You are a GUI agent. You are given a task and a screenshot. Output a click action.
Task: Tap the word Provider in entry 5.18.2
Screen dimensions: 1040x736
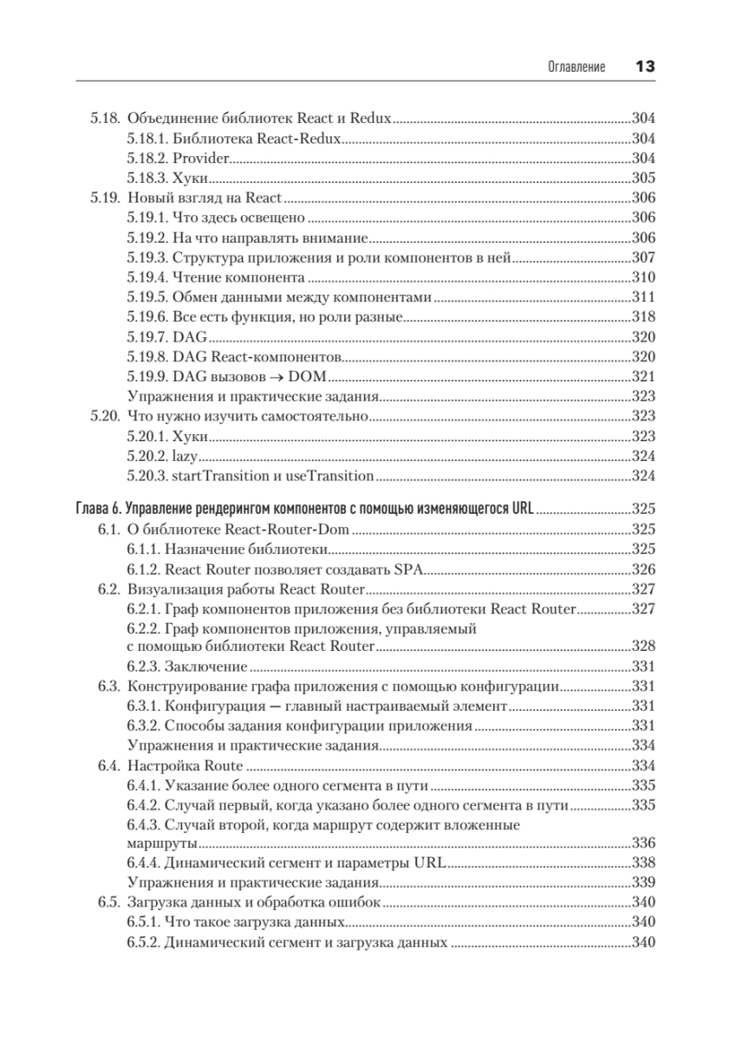(200, 159)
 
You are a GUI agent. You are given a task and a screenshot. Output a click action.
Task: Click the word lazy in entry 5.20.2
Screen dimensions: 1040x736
(186, 456)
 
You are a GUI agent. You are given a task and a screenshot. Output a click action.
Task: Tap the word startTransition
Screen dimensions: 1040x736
(214, 476)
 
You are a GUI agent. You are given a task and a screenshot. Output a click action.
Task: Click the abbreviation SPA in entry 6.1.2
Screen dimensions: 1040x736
(407, 569)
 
